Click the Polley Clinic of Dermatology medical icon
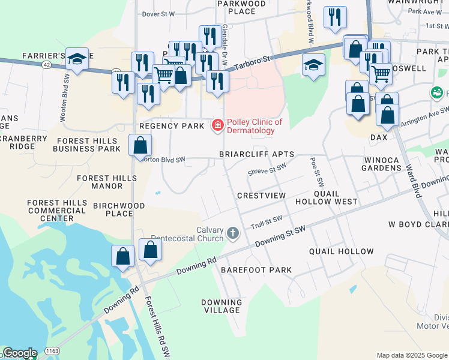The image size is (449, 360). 218,125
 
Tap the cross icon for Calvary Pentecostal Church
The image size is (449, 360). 234,232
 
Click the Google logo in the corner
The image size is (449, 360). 19,353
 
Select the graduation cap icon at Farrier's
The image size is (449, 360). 77,59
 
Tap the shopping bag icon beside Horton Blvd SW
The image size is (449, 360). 140,146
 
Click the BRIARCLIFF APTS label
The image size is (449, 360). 256,154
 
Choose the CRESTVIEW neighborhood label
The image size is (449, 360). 261,196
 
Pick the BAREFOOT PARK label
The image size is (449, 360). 256,270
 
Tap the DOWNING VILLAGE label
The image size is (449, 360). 222,306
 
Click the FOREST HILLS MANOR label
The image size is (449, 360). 107,182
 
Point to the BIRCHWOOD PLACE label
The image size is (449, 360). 119,209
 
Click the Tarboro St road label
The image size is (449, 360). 253,62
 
